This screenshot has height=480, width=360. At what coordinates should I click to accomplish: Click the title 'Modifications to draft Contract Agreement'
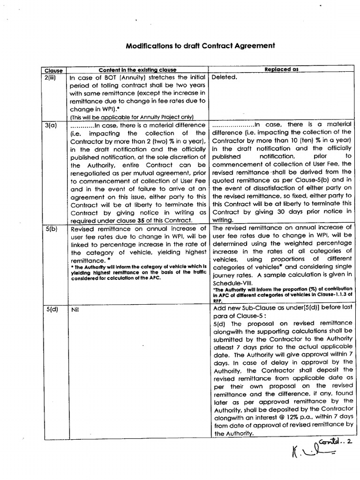coord(200,46)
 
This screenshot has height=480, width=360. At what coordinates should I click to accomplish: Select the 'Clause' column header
coord(53,71)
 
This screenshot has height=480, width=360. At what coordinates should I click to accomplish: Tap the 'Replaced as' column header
coord(281,69)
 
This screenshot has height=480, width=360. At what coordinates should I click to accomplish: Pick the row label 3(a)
coord(51,126)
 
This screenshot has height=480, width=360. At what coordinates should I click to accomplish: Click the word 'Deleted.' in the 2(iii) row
coord(225,77)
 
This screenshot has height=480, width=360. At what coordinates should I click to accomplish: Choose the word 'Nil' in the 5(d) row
coord(75,310)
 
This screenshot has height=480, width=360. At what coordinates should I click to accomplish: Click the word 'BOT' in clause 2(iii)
coord(102,78)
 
